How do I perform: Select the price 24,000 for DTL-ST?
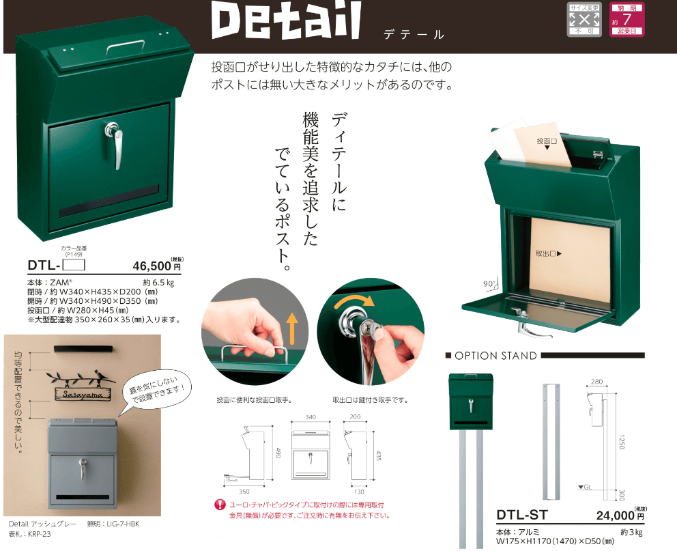tap(614, 517)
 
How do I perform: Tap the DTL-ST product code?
tap(523, 516)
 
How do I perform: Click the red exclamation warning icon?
tap(220, 505)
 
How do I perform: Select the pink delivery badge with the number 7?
tap(626, 19)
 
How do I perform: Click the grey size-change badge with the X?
tap(584, 19)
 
